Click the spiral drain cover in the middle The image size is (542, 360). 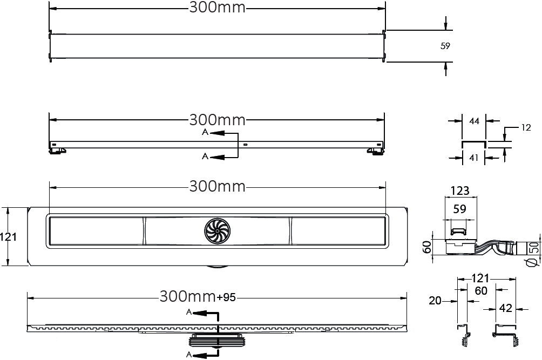coord(217,231)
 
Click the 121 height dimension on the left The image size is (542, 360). coord(8,237)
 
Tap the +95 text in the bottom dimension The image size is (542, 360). coord(226,297)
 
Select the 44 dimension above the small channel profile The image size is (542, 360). coord(474,121)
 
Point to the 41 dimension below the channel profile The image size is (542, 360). coord(473,158)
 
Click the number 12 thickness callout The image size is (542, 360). coord(526,127)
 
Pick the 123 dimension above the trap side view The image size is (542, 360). coord(460,191)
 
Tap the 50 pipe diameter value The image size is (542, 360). coord(534,247)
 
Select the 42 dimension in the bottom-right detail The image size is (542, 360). coord(505,308)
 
